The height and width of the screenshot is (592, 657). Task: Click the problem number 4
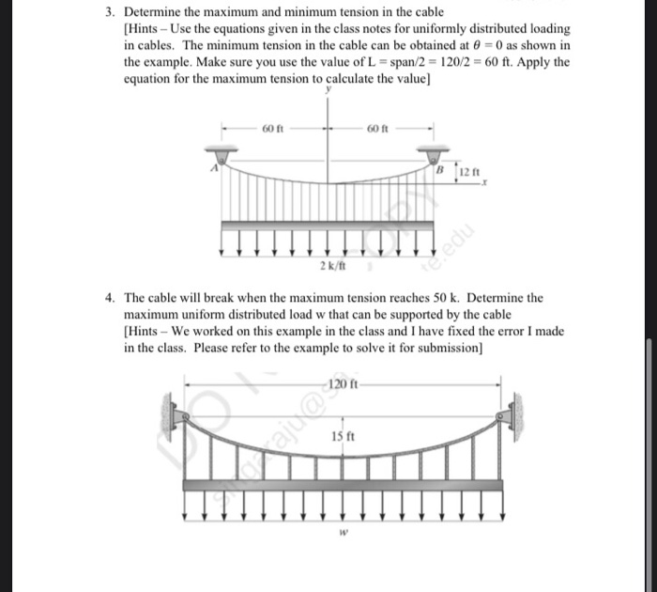click(x=109, y=298)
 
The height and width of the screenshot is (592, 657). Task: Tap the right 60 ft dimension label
click(x=379, y=128)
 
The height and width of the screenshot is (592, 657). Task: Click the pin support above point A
click(x=222, y=152)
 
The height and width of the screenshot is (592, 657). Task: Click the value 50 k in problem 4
click(x=441, y=298)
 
